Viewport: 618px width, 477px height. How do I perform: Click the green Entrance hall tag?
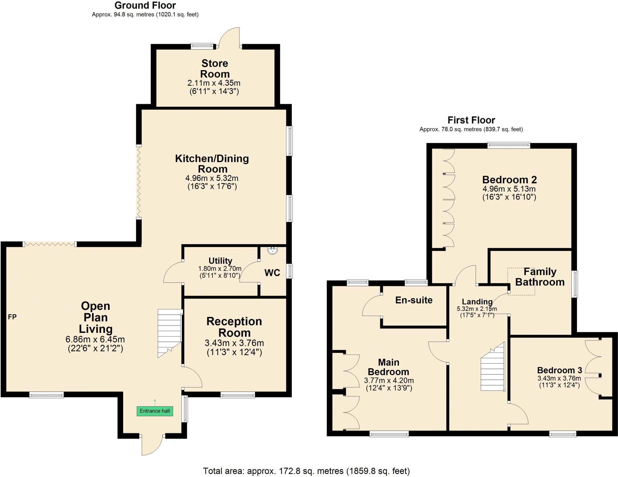tap(154, 411)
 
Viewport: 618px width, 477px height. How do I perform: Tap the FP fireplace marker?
tap(12, 317)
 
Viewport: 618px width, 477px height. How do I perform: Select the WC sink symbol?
tap(273, 250)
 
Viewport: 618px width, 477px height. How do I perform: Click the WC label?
tap(272, 273)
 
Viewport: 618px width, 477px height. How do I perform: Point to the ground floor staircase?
tap(169, 333)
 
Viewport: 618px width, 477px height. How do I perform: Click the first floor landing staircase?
tap(493, 368)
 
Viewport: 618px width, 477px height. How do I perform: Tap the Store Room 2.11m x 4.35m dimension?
tap(214, 83)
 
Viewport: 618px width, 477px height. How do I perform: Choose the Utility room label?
tap(220, 261)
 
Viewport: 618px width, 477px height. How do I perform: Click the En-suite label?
tap(414, 300)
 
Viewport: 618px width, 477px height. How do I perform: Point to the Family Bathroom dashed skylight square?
tap(521, 281)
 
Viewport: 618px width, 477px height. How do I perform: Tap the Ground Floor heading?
tap(145, 5)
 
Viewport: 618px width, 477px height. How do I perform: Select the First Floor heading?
tap(471, 120)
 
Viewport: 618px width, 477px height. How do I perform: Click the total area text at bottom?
tap(306, 471)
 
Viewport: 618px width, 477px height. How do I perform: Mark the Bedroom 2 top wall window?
tap(509, 146)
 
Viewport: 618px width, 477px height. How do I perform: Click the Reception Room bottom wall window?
tap(238, 395)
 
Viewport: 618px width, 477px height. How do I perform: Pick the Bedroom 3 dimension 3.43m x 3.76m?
tap(559, 378)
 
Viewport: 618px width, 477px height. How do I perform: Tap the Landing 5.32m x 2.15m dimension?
tap(477, 309)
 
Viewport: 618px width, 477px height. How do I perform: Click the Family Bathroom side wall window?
tap(575, 284)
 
